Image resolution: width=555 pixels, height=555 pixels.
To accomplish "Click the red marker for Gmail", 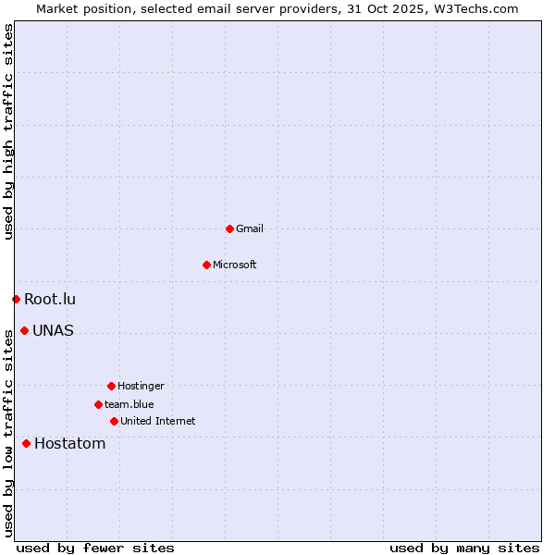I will (x=229, y=228).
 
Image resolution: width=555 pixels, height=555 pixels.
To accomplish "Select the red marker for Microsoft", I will (x=206, y=265).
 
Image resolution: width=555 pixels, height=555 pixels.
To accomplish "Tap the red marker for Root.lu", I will (x=16, y=299).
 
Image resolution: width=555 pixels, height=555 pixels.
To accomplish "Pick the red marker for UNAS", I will (x=24, y=330).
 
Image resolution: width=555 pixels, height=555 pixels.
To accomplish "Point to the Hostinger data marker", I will (x=111, y=386).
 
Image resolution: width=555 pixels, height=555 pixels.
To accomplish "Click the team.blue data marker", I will (x=98, y=404).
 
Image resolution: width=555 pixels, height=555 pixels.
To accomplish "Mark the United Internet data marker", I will (x=114, y=421).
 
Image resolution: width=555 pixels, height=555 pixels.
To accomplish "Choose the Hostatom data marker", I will (x=26, y=443).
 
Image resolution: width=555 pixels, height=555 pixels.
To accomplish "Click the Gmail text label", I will (x=250, y=228).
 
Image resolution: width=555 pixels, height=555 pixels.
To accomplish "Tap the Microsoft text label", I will (x=235, y=265).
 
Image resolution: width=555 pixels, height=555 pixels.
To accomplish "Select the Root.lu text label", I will (x=50, y=299).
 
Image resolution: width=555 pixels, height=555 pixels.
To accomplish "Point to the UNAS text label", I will (x=53, y=330).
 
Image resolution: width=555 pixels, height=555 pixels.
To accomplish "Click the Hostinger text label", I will (x=141, y=386).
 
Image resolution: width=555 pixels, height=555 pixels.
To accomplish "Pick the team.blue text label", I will (x=129, y=404).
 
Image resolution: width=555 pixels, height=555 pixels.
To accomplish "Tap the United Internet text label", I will (x=158, y=421).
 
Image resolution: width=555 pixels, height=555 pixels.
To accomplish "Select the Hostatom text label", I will (x=70, y=443).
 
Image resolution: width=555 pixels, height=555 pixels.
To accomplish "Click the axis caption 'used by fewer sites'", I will (x=95, y=548).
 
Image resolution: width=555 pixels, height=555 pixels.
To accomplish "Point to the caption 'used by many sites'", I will (x=464, y=548).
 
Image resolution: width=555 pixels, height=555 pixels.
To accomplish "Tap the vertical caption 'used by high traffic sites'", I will (x=8, y=131).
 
